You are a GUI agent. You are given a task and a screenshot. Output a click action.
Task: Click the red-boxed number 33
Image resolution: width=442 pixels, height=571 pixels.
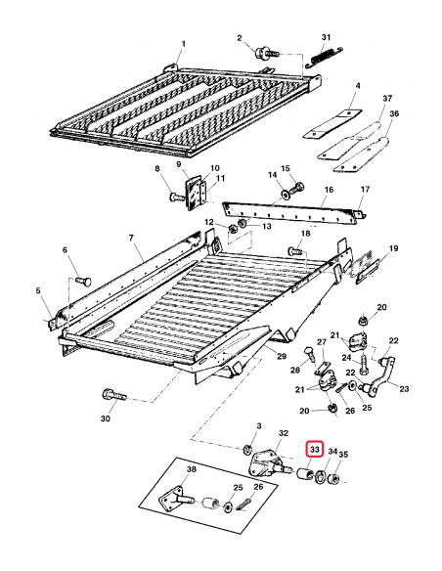pos(315,450)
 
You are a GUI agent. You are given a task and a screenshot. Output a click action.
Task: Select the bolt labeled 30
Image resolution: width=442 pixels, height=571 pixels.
pos(110,395)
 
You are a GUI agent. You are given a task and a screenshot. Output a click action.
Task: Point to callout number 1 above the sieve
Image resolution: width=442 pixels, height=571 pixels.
pos(183,44)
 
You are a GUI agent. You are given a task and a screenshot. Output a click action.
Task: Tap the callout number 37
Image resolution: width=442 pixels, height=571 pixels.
pos(359,99)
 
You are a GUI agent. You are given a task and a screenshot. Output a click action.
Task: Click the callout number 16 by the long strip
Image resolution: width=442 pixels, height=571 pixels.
pos(328,190)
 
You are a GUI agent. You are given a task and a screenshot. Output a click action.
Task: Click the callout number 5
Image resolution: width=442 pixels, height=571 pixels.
pos(38,290)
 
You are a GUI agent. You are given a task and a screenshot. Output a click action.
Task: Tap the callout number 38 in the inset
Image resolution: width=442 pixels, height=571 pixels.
pos(191,469)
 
